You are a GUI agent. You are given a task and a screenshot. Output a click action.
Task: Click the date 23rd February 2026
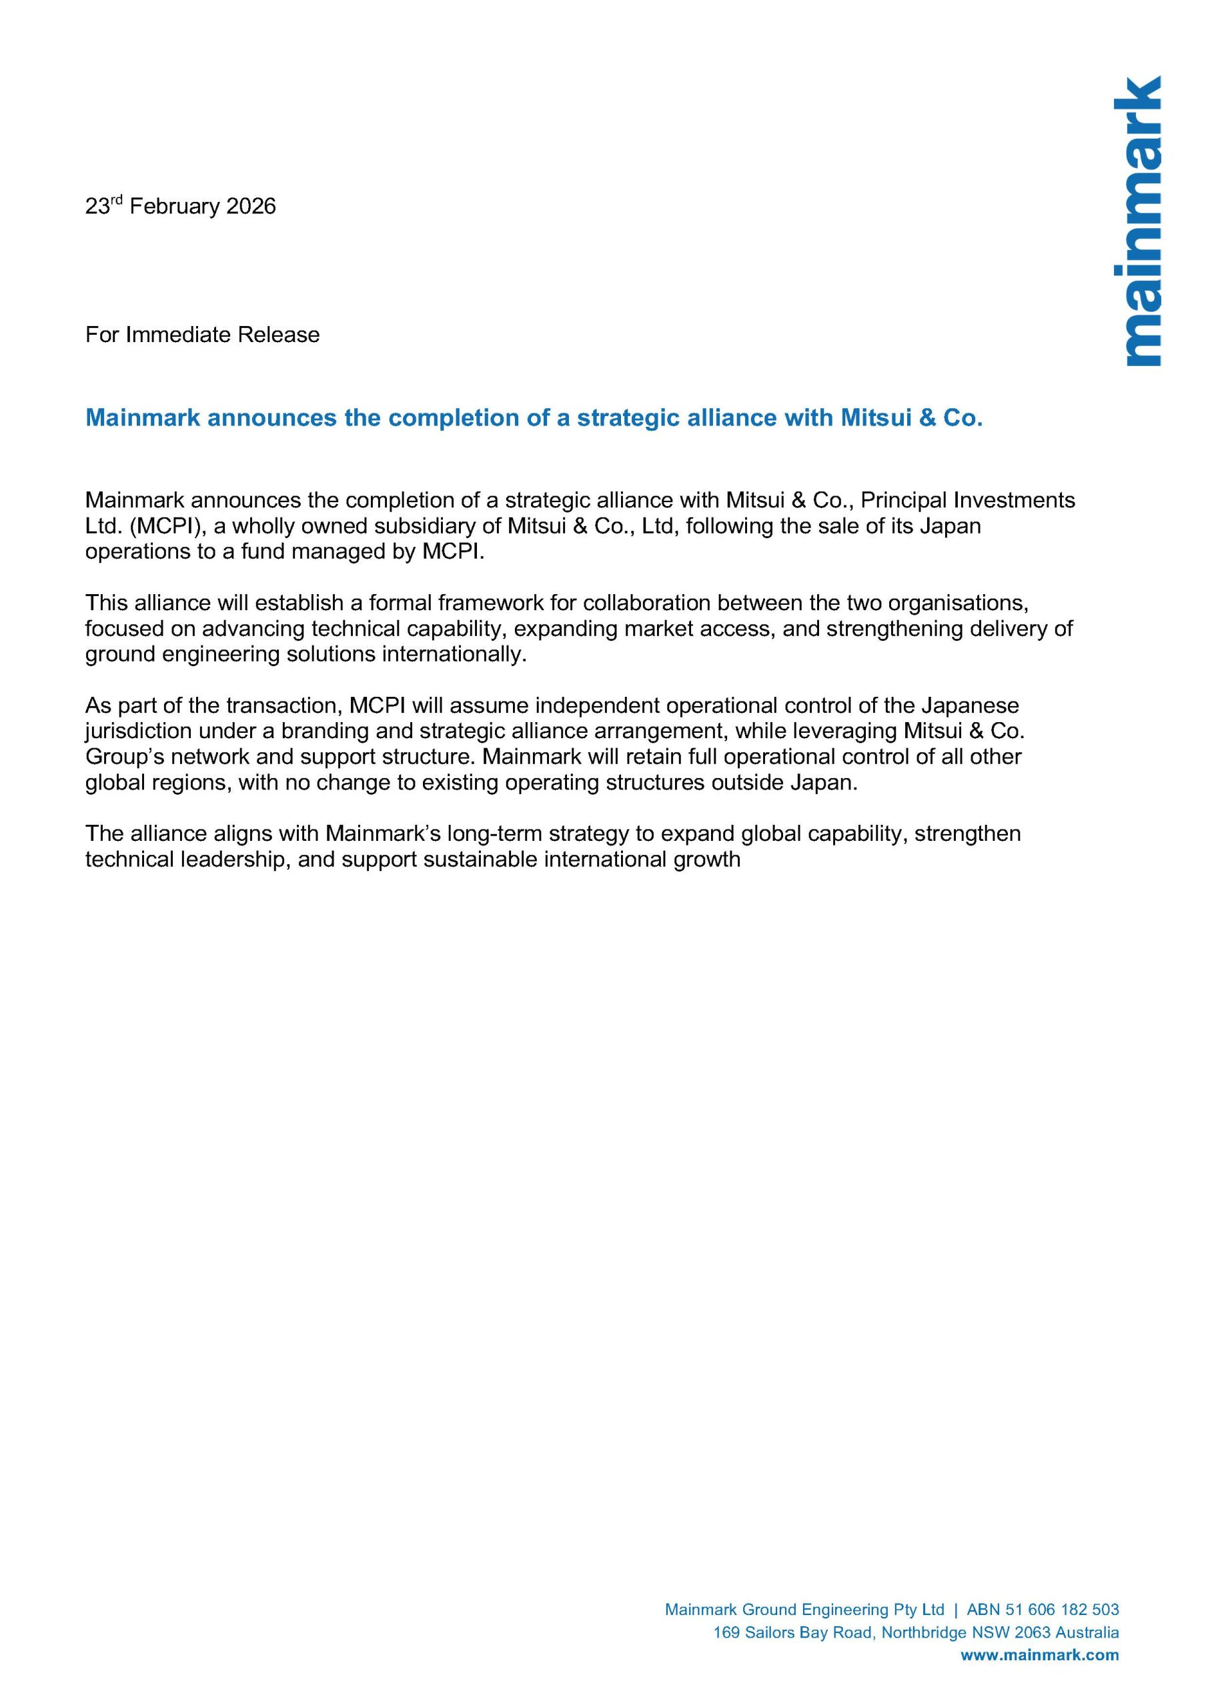point(180,206)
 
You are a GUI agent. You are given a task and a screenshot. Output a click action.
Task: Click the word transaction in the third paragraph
point(285,705)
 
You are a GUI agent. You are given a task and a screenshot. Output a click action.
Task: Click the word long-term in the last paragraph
point(496,833)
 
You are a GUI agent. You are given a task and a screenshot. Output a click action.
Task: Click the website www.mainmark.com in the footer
point(1040,1655)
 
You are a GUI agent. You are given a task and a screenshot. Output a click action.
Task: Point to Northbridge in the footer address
point(924,1632)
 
